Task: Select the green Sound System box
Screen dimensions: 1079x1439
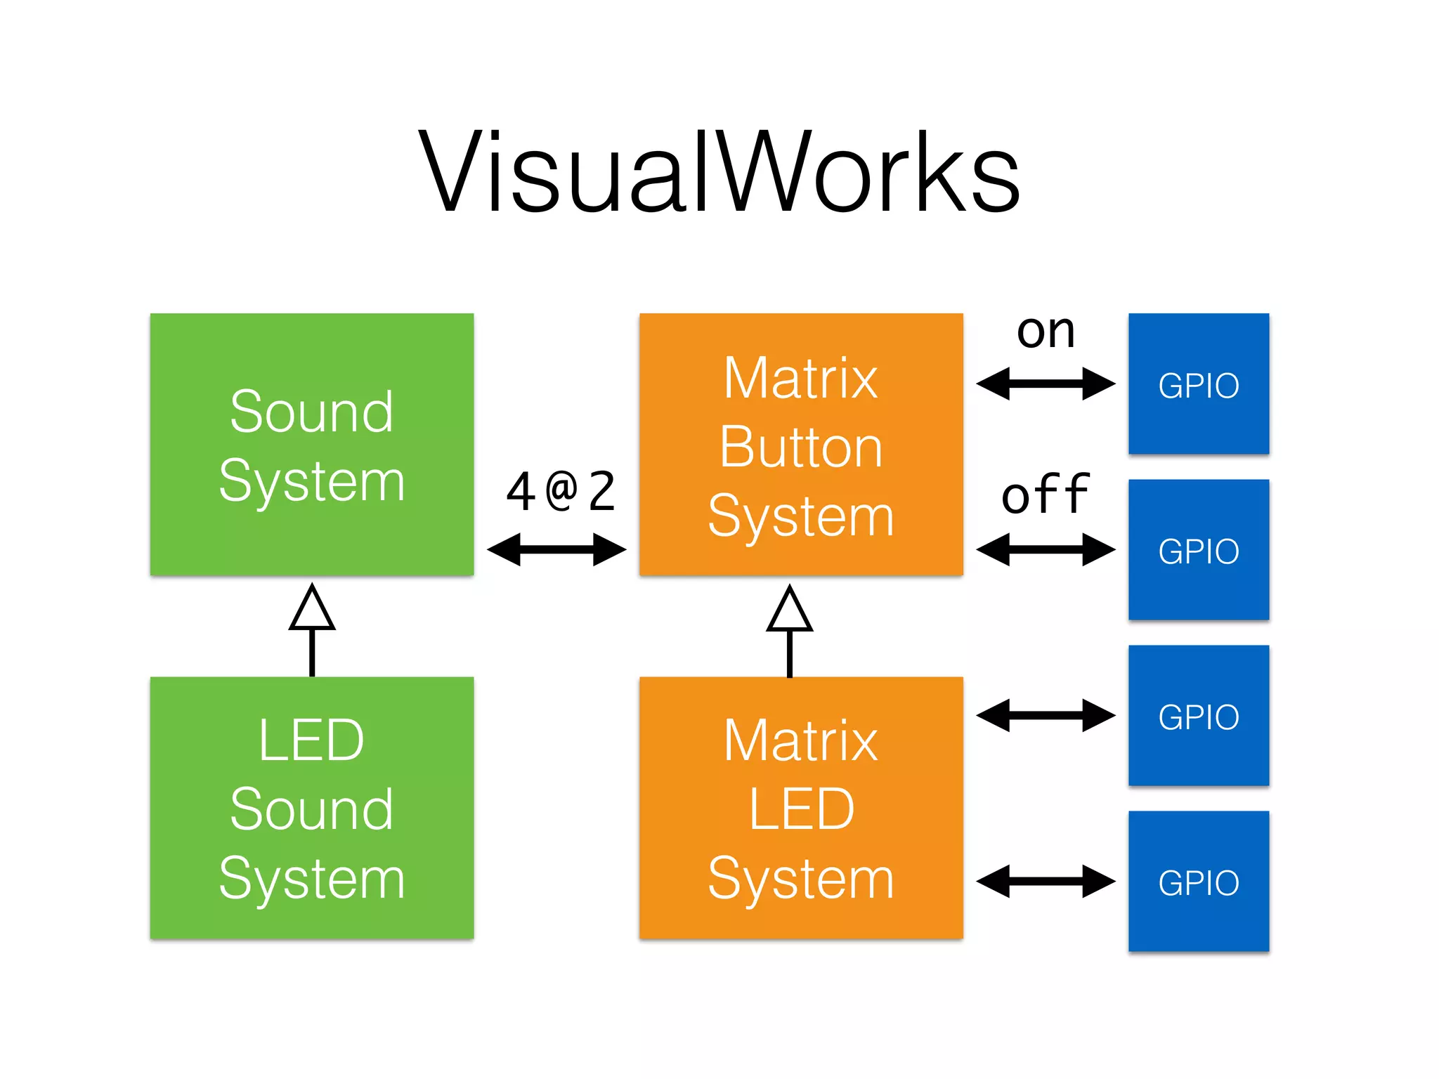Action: click(x=311, y=444)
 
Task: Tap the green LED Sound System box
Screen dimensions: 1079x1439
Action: click(x=311, y=807)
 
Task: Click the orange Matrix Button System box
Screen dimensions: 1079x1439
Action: click(x=800, y=444)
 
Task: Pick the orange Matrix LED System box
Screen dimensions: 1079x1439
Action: click(x=800, y=807)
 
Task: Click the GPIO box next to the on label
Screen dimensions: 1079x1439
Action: click(x=1198, y=384)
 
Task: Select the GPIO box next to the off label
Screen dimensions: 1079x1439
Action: click(x=1198, y=549)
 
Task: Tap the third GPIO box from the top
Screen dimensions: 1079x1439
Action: click(x=1198, y=715)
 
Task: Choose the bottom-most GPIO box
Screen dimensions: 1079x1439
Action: click(x=1198, y=881)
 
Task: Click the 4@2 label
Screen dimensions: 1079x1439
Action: click(x=560, y=492)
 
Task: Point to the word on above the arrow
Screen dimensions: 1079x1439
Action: click(x=1046, y=332)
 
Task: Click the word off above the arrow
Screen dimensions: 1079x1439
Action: click(x=1046, y=495)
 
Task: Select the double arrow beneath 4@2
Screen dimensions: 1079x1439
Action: click(x=556, y=549)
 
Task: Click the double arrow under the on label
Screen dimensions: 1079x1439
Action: click(x=1046, y=384)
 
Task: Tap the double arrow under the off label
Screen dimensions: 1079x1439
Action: click(x=1046, y=549)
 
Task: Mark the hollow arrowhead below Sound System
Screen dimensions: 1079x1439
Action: click(x=312, y=610)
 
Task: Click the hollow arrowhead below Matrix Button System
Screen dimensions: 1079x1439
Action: click(x=789, y=611)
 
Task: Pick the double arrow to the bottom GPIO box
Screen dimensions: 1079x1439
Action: click(x=1046, y=881)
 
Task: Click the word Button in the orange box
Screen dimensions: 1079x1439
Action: click(x=800, y=447)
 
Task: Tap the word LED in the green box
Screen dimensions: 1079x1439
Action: click(x=311, y=740)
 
